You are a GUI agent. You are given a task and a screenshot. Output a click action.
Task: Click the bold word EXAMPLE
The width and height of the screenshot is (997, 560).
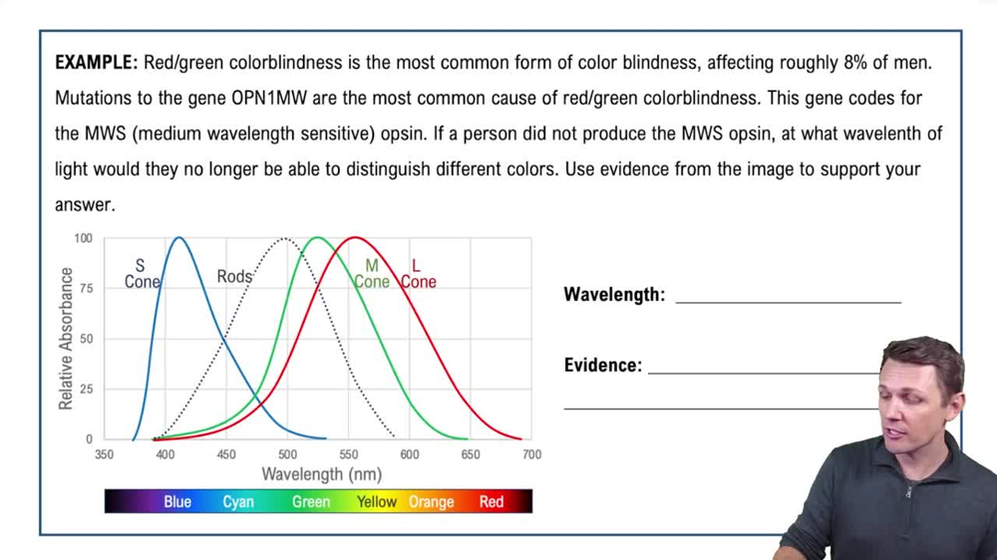click(x=96, y=63)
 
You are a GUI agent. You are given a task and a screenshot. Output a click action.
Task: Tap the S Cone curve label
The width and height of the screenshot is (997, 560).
click(x=141, y=274)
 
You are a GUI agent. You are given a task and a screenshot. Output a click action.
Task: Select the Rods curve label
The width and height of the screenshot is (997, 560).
click(x=234, y=276)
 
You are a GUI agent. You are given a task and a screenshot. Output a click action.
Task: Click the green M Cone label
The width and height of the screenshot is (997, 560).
click(x=372, y=274)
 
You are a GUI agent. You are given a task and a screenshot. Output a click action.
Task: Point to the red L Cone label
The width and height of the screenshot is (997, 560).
click(x=418, y=274)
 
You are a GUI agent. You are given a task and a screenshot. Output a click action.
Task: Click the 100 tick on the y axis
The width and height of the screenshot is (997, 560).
click(x=83, y=239)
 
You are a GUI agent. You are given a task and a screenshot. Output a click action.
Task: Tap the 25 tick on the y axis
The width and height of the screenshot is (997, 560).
click(x=86, y=389)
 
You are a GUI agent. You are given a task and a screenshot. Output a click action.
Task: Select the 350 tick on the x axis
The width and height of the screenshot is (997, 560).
click(x=105, y=454)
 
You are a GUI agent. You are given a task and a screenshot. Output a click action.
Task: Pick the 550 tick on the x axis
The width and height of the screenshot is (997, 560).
click(x=349, y=454)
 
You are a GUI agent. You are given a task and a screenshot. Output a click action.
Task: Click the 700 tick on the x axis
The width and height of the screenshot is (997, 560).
click(x=531, y=454)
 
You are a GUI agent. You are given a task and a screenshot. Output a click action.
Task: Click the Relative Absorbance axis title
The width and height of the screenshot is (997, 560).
click(x=66, y=339)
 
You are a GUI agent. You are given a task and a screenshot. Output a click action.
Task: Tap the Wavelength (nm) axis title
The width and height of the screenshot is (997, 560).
click(x=321, y=474)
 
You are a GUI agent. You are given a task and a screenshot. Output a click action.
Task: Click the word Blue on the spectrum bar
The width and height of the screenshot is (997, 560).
click(x=177, y=502)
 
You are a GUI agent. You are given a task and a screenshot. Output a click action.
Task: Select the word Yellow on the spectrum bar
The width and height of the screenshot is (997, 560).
click(x=377, y=502)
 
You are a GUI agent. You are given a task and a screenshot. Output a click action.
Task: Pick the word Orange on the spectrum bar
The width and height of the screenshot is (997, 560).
click(x=431, y=502)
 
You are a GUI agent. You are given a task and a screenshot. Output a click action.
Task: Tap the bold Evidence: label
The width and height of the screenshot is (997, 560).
click(x=603, y=366)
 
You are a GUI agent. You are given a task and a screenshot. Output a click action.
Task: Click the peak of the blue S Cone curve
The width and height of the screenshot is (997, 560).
click(x=179, y=238)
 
